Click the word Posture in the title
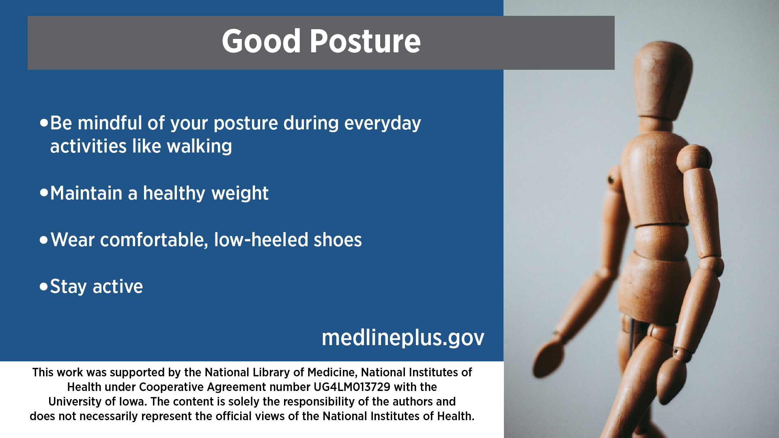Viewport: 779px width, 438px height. (x=365, y=41)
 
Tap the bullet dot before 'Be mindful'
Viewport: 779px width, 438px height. (x=44, y=122)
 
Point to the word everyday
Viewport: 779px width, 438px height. (x=383, y=124)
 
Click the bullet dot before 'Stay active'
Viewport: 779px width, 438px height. (x=44, y=287)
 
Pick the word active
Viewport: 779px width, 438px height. (x=118, y=287)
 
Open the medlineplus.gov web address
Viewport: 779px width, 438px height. (x=403, y=338)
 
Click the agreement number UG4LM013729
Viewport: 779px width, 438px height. (x=352, y=387)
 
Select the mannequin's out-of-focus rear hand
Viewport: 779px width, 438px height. (x=550, y=355)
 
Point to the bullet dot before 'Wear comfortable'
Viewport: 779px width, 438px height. (x=44, y=240)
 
